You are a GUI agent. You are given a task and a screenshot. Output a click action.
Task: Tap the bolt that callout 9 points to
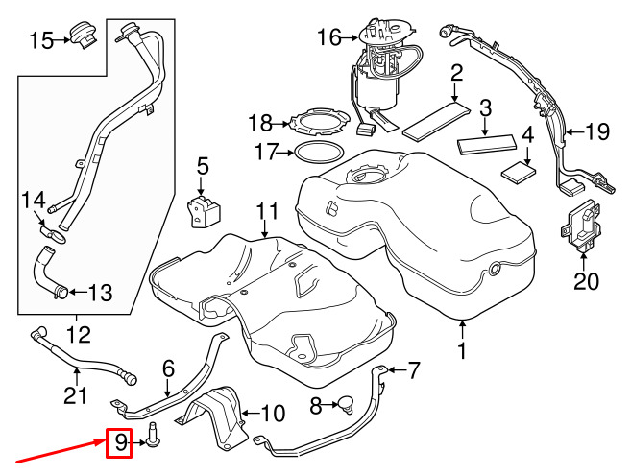(153, 436)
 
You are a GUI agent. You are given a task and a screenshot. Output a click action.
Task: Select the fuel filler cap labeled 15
(84, 36)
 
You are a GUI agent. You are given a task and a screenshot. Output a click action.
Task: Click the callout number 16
(329, 37)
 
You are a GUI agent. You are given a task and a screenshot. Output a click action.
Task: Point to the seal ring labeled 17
(319, 152)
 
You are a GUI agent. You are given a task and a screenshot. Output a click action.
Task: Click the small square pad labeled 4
(519, 172)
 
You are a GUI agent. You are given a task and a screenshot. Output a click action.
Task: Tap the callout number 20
(586, 281)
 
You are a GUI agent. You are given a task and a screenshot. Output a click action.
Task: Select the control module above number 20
(581, 226)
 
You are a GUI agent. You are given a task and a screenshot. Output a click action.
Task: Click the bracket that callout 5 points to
(204, 211)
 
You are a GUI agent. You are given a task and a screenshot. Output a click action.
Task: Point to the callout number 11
(267, 211)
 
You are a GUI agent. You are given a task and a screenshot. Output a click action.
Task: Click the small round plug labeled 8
(347, 403)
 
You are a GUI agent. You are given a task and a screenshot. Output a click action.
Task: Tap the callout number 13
(100, 293)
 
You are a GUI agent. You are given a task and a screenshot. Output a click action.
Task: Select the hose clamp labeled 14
(55, 234)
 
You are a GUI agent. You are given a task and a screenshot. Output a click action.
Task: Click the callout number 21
(75, 395)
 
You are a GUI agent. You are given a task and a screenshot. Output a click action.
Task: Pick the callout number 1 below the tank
(462, 351)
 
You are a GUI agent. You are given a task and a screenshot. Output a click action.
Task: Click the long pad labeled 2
(436, 121)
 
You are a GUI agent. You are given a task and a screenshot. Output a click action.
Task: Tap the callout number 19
(597, 131)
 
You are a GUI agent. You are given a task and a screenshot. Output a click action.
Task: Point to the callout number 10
(273, 413)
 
